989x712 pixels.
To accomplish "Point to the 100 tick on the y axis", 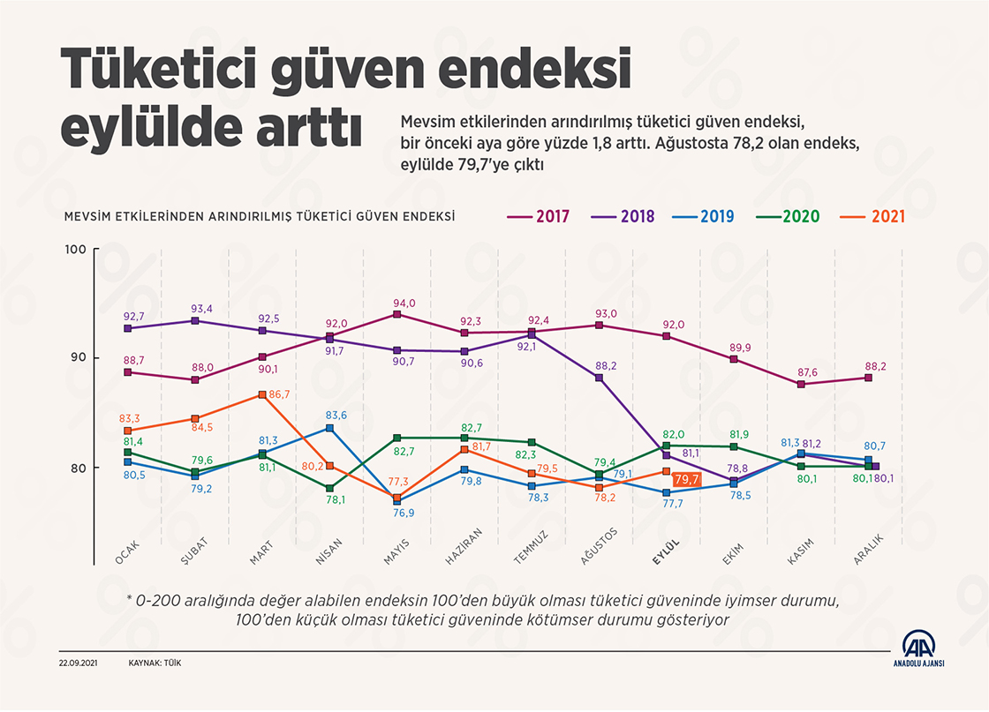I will (x=76, y=250).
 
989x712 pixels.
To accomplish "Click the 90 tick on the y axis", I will (x=78, y=358).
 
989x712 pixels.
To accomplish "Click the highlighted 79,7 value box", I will (x=686, y=480).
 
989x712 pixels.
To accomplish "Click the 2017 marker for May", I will (x=397, y=314).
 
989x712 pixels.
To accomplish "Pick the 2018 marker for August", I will (x=599, y=378).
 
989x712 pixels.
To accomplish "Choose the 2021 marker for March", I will (x=262, y=394).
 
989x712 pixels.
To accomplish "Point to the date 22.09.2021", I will (x=79, y=663).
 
